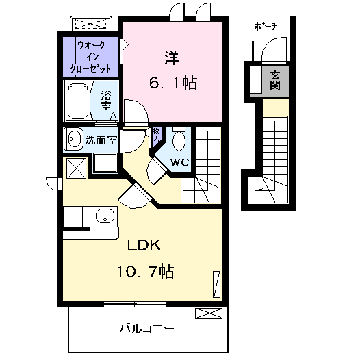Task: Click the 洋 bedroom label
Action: [172, 56]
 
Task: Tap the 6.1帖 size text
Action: [174, 83]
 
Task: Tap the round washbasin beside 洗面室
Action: [73, 140]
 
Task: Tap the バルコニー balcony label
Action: [147, 327]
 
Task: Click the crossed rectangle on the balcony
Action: [209, 313]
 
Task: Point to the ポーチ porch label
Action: [266, 27]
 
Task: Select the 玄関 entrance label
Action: [274, 81]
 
